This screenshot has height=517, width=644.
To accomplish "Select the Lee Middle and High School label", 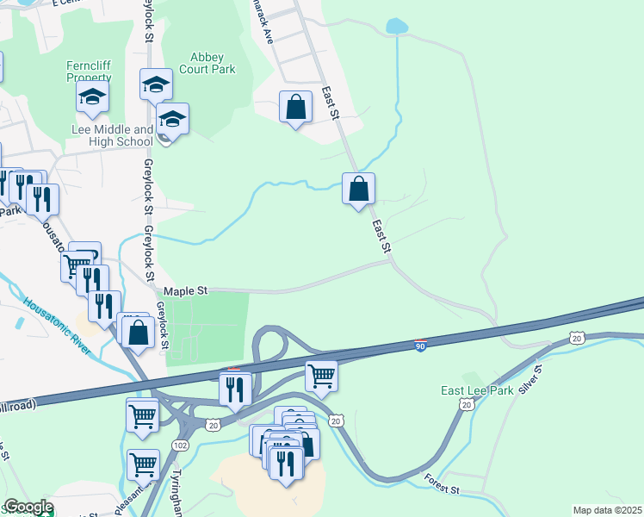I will click(x=111, y=135).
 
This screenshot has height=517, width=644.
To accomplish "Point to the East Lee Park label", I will click(x=477, y=390).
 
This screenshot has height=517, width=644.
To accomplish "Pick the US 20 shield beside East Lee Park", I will click(x=466, y=404).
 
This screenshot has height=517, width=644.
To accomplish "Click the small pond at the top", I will click(x=397, y=26).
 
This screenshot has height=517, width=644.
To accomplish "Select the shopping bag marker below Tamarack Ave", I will click(x=295, y=107).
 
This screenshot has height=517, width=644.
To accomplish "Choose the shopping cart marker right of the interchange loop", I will click(x=321, y=374).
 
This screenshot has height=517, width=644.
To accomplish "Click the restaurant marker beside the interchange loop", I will click(x=234, y=387).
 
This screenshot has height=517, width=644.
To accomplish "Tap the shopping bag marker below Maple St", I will click(x=138, y=331).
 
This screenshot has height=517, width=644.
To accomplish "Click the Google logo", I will click(x=28, y=508).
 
